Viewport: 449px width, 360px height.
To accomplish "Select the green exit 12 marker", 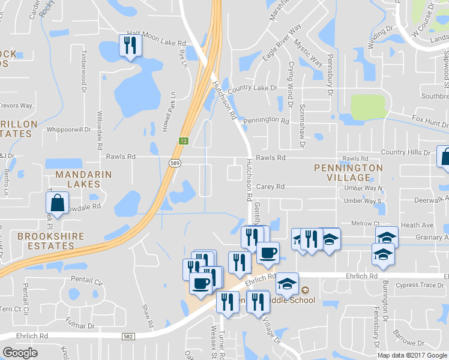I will [182, 140].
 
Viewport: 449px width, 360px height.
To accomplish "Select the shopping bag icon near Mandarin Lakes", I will [56, 204].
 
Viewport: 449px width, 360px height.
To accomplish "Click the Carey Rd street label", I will [270, 187].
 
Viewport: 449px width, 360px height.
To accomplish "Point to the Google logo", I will [20, 353].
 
